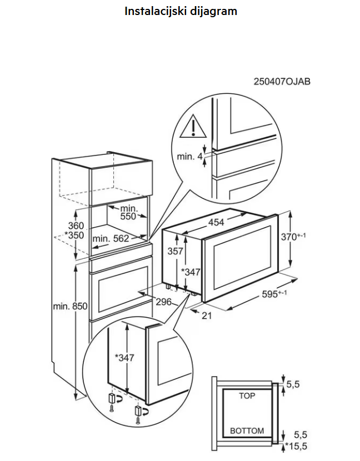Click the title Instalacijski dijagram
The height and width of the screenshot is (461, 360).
[181, 11]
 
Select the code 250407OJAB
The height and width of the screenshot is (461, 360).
[282, 82]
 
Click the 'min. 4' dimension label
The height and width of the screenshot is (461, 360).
[189, 157]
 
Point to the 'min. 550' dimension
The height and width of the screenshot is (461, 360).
[128, 212]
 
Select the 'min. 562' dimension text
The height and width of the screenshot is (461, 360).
[111, 239]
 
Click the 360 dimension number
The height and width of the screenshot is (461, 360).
[76, 226]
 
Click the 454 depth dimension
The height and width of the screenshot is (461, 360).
[216, 223]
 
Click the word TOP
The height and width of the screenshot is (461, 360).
[247, 396]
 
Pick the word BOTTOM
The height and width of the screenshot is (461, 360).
[247, 431]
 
